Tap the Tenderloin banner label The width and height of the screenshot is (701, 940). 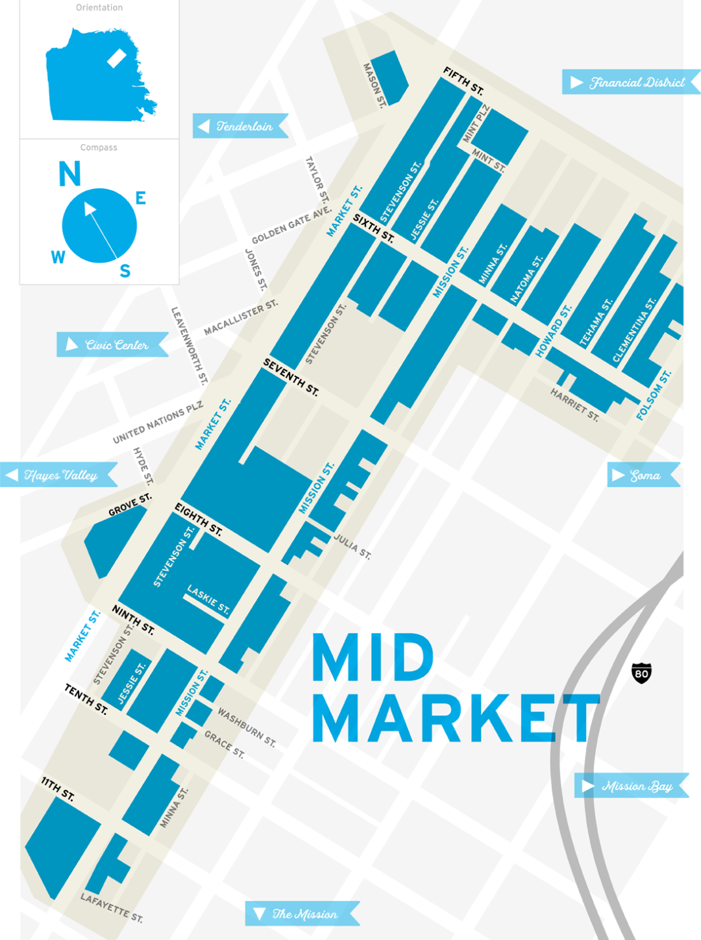(241, 126)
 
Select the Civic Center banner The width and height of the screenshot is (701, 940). (113, 344)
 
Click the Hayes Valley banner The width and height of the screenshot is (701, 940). (59, 475)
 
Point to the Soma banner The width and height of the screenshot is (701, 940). (643, 476)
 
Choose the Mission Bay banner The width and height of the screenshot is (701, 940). (632, 786)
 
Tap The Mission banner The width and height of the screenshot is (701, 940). (302, 914)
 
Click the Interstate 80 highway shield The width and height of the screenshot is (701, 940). (641, 673)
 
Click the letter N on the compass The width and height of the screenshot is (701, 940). (69, 174)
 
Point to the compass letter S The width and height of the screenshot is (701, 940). (125, 271)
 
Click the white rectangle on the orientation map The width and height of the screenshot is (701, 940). (116, 58)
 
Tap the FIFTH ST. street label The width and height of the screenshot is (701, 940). (463, 80)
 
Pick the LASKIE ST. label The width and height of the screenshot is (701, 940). (208, 600)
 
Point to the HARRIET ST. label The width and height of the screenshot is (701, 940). (574, 404)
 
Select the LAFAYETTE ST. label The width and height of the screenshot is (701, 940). (112, 907)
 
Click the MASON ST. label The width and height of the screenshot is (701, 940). (374, 85)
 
